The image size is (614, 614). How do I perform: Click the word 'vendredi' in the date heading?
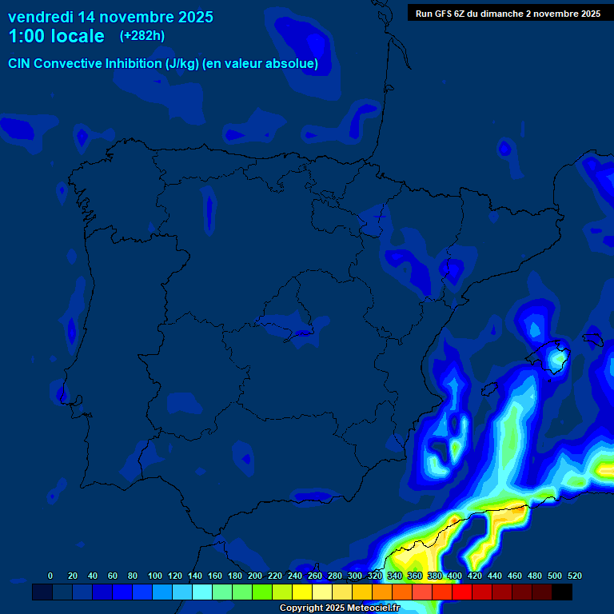pyautogui.click(x=40, y=16)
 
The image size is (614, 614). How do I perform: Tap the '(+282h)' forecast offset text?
pyautogui.click(x=142, y=35)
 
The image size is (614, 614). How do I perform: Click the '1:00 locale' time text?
pyautogui.click(x=56, y=36)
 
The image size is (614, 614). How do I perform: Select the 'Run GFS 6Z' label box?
pyautogui.click(x=508, y=13)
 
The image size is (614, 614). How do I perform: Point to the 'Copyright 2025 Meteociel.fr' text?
pyautogui.click(x=339, y=608)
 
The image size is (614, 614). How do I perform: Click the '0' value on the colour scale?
pyautogui.click(x=50, y=576)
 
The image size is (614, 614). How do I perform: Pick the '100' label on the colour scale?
pyautogui.click(x=155, y=576)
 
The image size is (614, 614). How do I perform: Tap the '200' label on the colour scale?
pyautogui.click(x=255, y=576)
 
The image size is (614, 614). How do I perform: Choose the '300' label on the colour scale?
pyautogui.click(x=355, y=576)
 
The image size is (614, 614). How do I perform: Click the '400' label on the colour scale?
pyautogui.click(x=455, y=576)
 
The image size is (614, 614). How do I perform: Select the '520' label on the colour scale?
pyautogui.click(x=574, y=576)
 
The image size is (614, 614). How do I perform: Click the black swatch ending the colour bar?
pyautogui.click(x=562, y=592)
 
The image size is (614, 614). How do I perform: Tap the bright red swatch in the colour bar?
pyautogui.click(x=462, y=592)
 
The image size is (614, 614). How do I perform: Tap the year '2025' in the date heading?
pyautogui.click(x=189, y=16)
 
